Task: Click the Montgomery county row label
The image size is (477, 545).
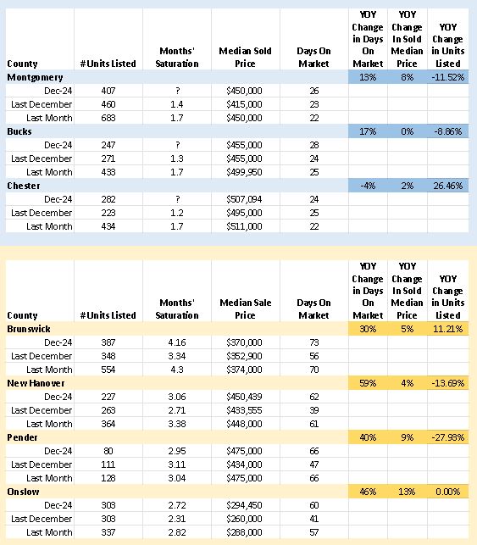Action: [35, 77]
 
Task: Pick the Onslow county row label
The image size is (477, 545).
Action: [24, 491]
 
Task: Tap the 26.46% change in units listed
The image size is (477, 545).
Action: [446, 186]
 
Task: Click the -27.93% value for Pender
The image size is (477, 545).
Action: [446, 437]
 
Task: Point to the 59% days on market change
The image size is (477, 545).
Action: [368, 382]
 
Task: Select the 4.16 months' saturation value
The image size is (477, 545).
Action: [177, 342]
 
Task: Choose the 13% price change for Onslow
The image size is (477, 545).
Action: [407, 491]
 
